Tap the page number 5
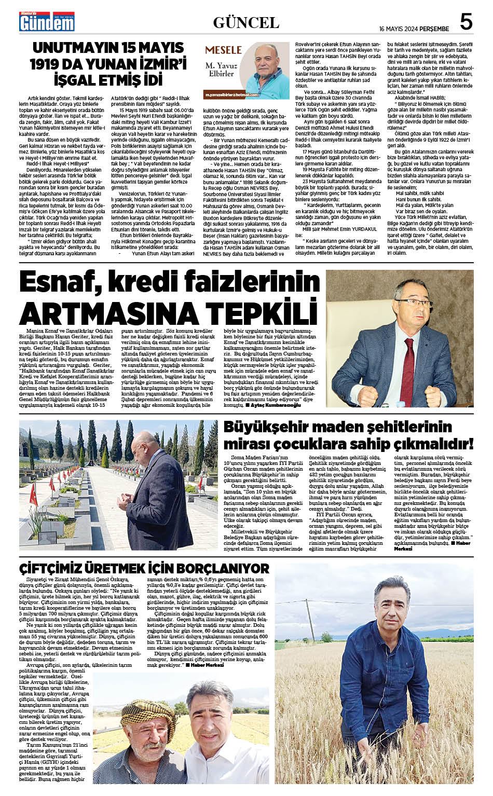(465, 22)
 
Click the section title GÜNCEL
(246, 23)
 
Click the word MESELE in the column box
(224, 50)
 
